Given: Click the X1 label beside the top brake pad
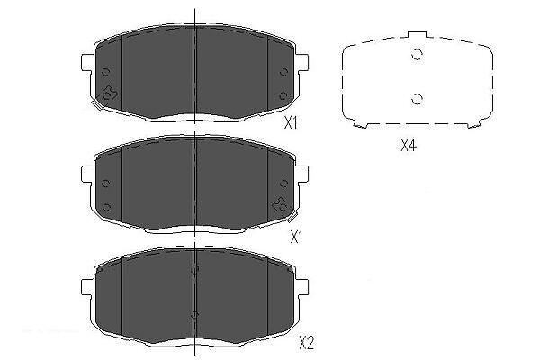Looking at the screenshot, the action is click(x=291, y=122).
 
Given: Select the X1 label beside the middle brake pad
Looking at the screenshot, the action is click(x=296, y=237).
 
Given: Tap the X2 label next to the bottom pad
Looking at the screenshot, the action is click(x=306, y=342).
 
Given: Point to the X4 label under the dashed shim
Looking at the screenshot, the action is click(x=409, y=146).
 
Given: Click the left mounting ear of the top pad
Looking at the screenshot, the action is click(x=86, y=62).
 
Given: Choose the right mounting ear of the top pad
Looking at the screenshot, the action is click(x=303, y=62).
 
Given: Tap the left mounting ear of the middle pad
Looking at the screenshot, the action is click(x=86, y=175).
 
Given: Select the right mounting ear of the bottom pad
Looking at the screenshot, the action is click(x=303, y=287).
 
